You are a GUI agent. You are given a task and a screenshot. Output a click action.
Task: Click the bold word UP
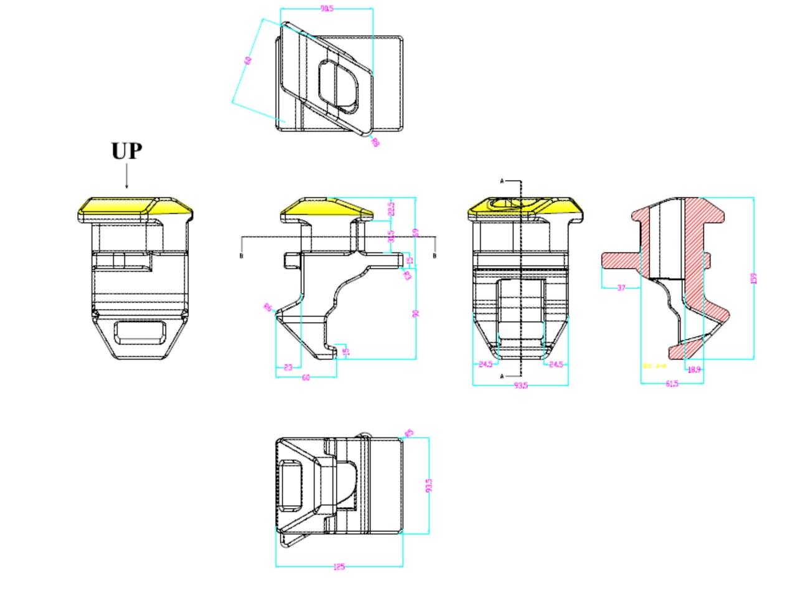(x=127, y=151)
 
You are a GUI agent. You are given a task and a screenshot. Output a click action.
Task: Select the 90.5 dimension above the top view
(x=326, y=9)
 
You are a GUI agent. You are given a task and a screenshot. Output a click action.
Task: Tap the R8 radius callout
(x=375, y=142)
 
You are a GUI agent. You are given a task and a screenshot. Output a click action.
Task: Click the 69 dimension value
(x=416, y=232)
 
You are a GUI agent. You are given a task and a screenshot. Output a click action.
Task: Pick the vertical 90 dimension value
(x=416, y=313)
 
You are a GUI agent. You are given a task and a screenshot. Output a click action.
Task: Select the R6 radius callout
(x=268, y=307)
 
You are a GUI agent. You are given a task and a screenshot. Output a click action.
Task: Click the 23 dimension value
(x=288, y=368)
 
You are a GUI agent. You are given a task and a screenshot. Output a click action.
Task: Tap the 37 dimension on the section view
(x=621, y=288)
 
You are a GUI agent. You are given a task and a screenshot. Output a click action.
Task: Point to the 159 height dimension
(x=754, y=278)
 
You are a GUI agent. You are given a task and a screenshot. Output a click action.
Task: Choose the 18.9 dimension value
(x=694, y=369)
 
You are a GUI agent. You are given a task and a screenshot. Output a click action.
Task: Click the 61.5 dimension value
(x=672, y=384)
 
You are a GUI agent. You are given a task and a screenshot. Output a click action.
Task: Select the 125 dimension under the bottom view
(x=339, y=567)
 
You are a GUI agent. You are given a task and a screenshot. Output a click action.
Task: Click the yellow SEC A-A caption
(x=654, y=366)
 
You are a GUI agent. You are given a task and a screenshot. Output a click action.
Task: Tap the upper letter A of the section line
(x=502, y=181)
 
